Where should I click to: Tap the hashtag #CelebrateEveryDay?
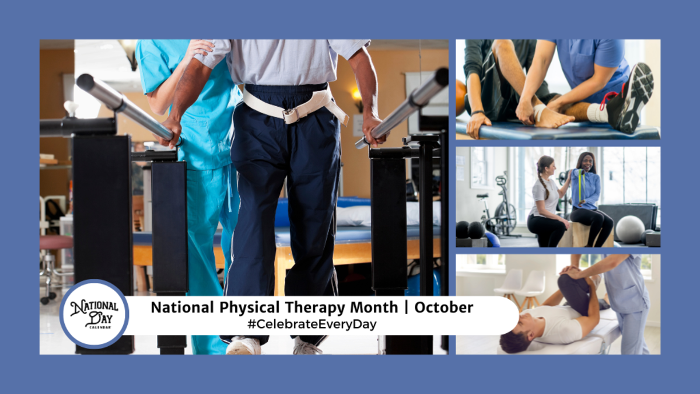point(312,324)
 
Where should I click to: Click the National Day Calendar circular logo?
point(94,314)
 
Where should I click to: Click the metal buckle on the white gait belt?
point(290,115)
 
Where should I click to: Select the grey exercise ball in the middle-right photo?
point(631,229)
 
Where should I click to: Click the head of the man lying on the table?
point(514,338)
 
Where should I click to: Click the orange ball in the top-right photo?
point(461,93)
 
